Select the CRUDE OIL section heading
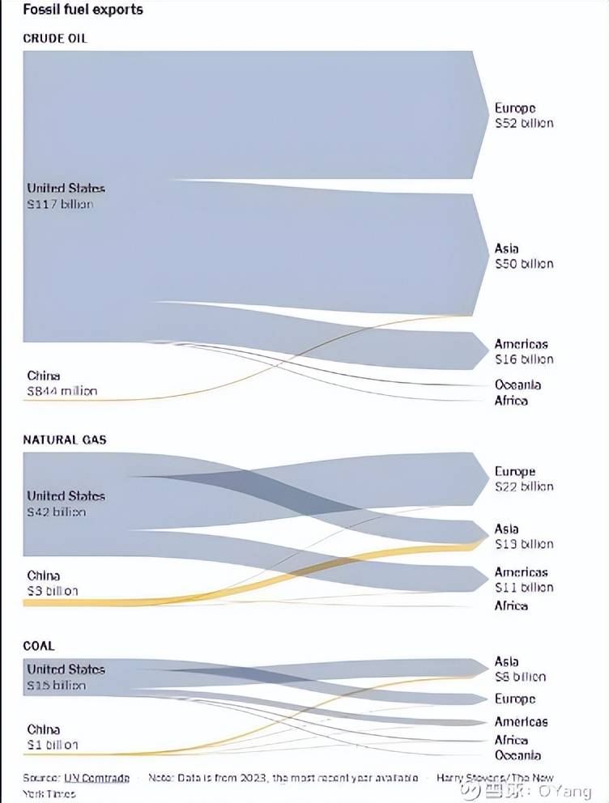coord(55,38)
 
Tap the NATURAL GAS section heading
coord(65,440)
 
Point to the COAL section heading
coord(39,646)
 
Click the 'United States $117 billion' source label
coord(66,196)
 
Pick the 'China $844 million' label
coord(62,383)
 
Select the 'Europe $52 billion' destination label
coord(524,116)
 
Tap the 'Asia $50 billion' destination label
coord(524,256)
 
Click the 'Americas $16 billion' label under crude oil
coord(524,351)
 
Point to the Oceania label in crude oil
coord(517,385)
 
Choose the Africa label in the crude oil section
coord(511,401)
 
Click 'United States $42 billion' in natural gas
coord(66,503)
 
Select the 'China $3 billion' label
coord(53,583)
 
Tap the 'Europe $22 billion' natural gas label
coord(524,478)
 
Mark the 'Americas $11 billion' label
coord(524,580)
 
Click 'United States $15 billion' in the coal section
coord(66,677)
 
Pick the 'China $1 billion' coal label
coord(53,737)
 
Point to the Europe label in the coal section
coord(515,699)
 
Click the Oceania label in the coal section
coord(517,755)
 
